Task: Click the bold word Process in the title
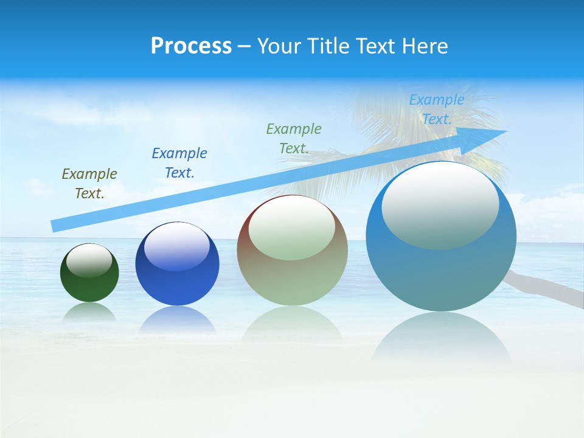point(191,46)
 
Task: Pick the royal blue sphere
point(177,286)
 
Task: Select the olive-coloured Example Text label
point(89,184)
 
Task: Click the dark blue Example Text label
point(179,163)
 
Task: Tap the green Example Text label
point(294,138)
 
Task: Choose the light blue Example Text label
point(437,109)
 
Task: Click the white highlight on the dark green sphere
point(89,260)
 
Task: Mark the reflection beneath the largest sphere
point(441,338)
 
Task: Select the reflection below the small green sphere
point(89,311)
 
